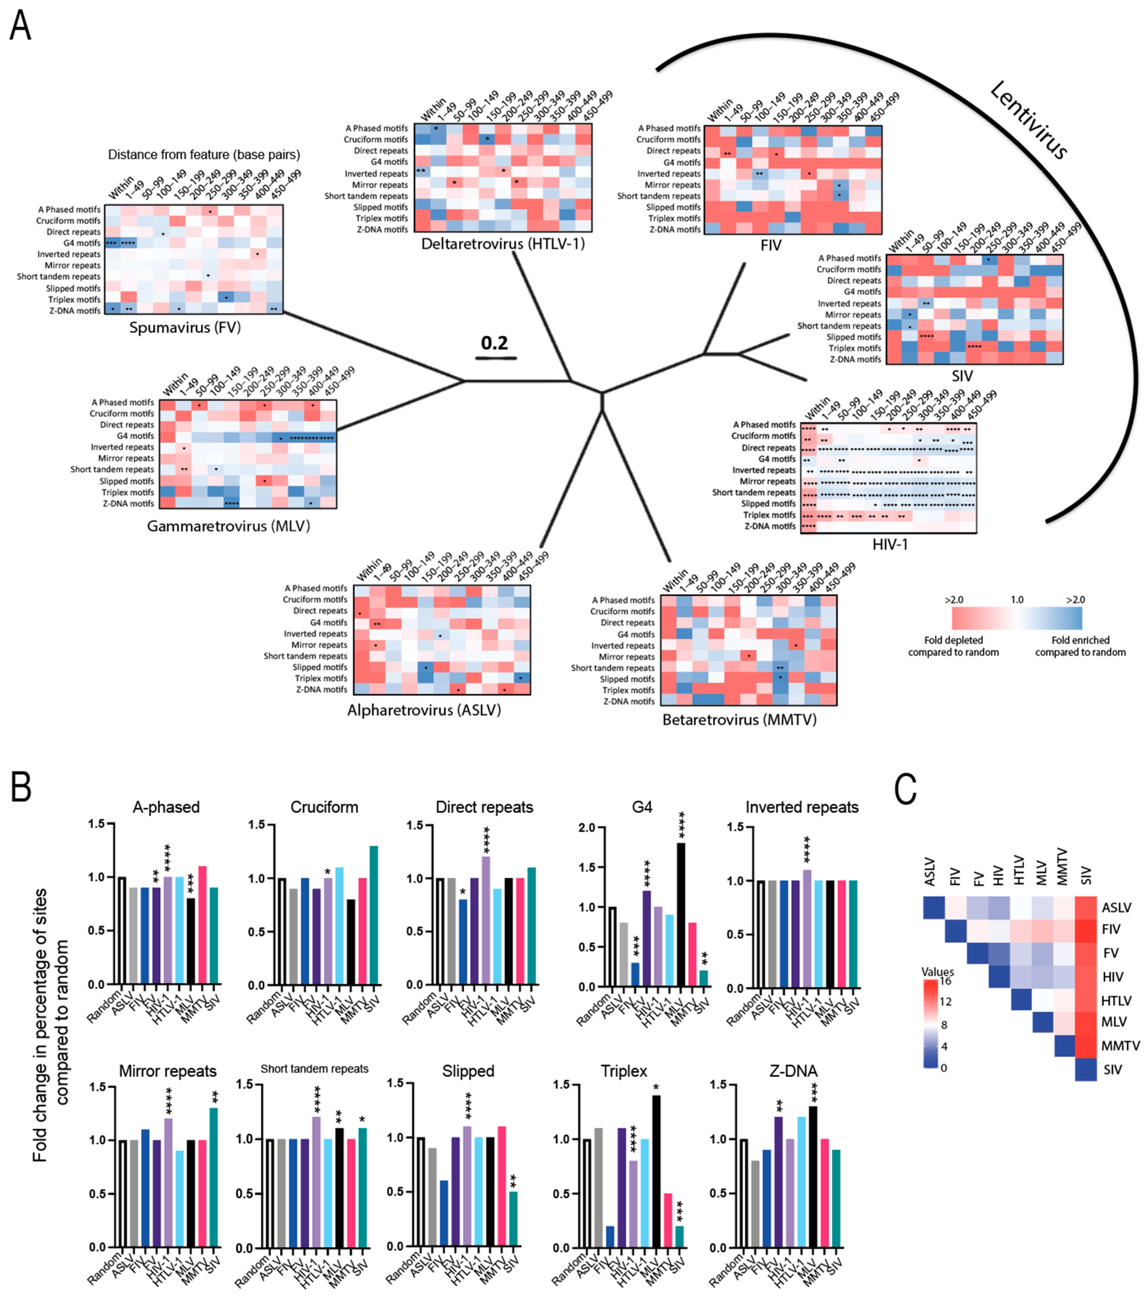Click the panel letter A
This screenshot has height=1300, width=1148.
20,27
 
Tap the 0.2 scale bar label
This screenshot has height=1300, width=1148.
494,343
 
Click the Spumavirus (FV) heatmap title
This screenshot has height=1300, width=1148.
184,328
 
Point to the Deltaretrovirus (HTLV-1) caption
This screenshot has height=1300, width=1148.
503,244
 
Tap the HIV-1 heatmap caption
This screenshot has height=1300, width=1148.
890,544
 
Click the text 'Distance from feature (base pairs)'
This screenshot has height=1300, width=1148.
204,155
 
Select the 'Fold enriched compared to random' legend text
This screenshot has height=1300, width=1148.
1080,646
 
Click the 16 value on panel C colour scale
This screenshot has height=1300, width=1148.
945,981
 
